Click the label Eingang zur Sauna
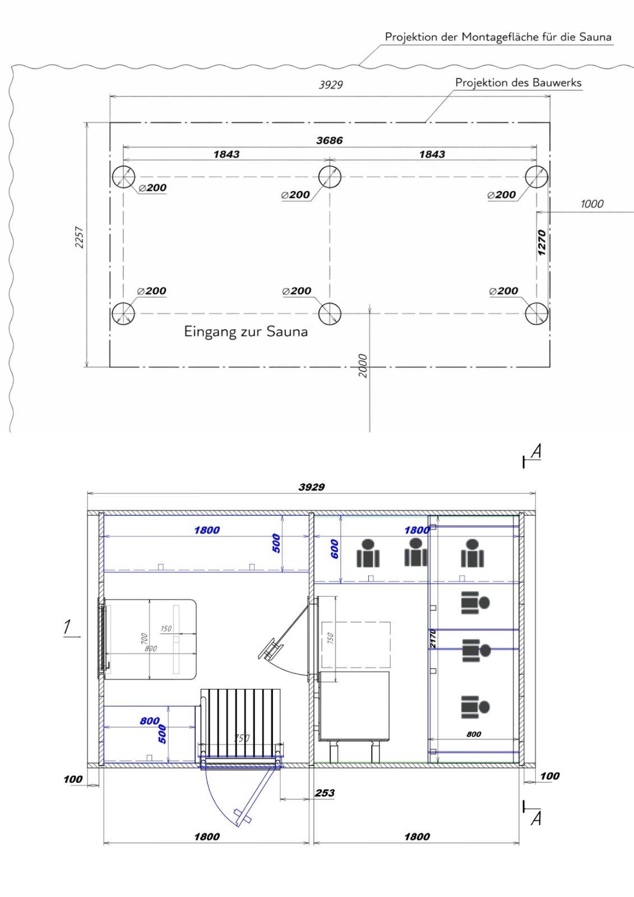point(246,332)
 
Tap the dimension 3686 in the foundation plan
point(329,141)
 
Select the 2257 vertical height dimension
point(79,238)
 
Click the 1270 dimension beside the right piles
point(542,243)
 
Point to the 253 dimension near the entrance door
point(325,793)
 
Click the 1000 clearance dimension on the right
point(591,204)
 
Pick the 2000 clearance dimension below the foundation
point(362,365)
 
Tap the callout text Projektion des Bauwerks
point(519,83)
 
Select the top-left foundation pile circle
point(123,177)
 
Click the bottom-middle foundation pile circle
point(330,313)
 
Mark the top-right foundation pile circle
point(536,177)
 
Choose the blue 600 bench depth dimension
point(335,549)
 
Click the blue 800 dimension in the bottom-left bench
point(150,721)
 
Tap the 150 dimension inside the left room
point(166,628)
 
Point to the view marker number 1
point(67,627)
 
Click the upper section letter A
point(536,451)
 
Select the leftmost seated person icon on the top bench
point(368,553)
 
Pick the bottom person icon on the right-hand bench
point(475,707)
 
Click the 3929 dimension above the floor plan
point(312,487)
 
